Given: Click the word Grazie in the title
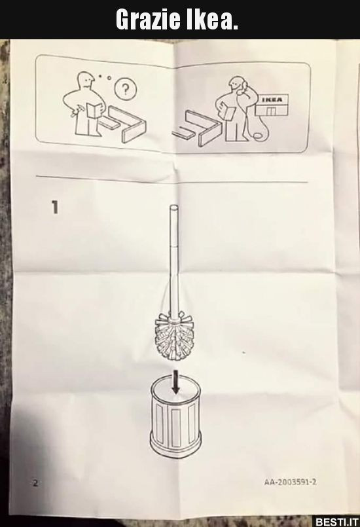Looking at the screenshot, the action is (147, 19).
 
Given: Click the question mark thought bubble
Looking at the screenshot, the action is (126, 89).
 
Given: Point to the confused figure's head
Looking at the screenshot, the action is (85, 81).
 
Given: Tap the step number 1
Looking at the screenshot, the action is (55, 207).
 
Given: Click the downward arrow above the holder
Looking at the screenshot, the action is (175, 382).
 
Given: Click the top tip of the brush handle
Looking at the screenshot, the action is (174, 205).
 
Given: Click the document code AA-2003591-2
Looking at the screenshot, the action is (290, 482).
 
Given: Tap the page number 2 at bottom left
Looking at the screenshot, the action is (35, 483).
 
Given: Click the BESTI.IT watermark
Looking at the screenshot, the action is (336, 521).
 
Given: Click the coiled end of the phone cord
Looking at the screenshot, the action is (257, 136).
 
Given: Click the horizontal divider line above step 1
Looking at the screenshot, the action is (171, 179).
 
